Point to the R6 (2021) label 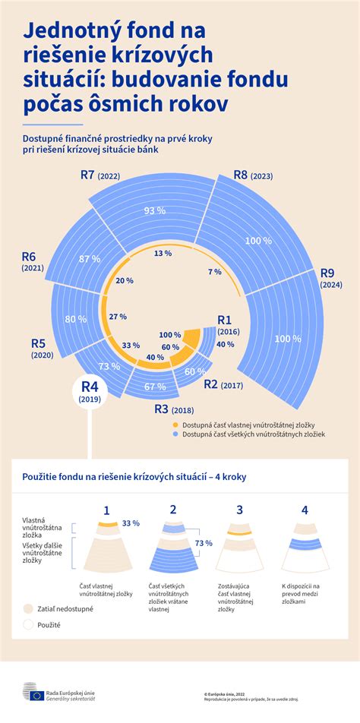(x=33, y=261)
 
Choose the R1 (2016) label (x=228, y=325)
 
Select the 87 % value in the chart (x=90, y=259)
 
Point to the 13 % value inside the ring (x=163, y=253)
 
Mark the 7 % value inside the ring (x=214, y=272)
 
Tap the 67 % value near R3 (x=155, y=387)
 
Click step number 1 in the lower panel (x=106, y=511)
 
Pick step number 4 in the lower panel (x=305, y=511)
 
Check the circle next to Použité (x=29, y=625)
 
